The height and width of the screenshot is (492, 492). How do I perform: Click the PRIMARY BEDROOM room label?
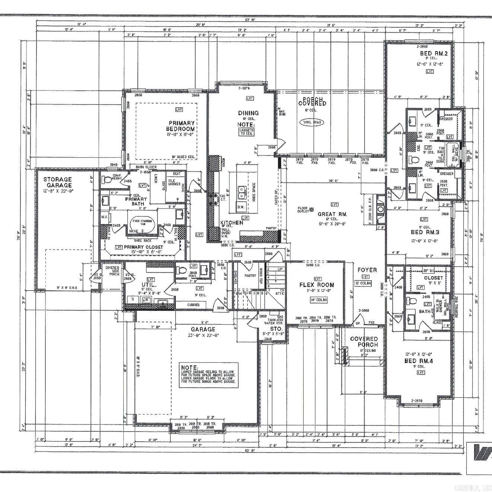coord(181,126)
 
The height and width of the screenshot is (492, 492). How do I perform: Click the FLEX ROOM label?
coord(317,285)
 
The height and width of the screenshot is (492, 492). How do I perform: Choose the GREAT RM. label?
coord(332,214)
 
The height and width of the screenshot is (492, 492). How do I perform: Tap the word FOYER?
coord(367,270)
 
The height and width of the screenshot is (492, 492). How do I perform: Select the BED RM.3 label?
coord(425,232)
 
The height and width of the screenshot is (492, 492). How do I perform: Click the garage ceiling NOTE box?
coord(209,375)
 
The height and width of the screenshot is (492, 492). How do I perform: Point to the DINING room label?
coord(248,113)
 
